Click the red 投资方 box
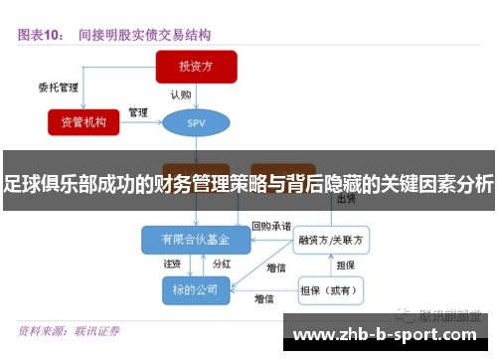point(195,67)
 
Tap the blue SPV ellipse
point(196,122)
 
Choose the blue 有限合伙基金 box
point(194,240)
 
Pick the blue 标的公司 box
point(195,290)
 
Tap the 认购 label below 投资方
point(180,95)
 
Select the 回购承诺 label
point(270,226)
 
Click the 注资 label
point(172,265)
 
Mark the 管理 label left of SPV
point(138,110)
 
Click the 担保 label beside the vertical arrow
point(346,266)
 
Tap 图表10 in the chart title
point(38,35)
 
